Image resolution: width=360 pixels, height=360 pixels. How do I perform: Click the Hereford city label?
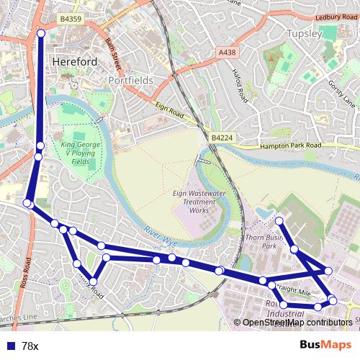coord(75,63)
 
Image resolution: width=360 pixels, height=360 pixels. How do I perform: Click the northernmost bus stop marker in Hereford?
coord(41,33)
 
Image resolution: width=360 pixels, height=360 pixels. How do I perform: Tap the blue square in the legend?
coord(9,346)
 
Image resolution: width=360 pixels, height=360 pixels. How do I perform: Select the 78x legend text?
coord(30,346)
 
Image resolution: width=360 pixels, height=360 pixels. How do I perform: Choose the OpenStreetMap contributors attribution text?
coord(297,323)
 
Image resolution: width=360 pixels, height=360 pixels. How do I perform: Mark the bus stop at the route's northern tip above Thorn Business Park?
coord(279,220)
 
